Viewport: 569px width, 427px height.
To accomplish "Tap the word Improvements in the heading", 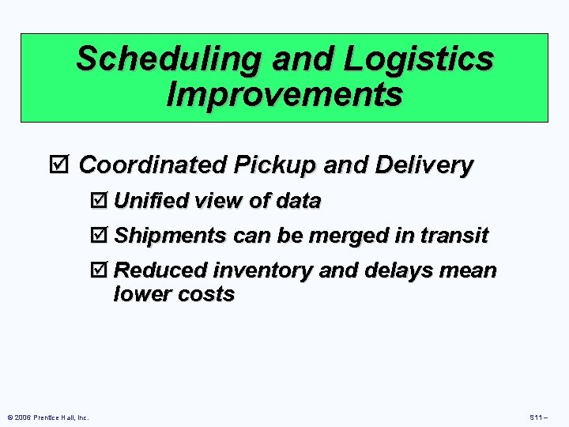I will tap(284, 95).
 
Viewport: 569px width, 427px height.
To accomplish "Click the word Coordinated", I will tap(151, 165).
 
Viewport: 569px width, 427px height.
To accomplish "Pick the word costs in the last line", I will tap(207, 295).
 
